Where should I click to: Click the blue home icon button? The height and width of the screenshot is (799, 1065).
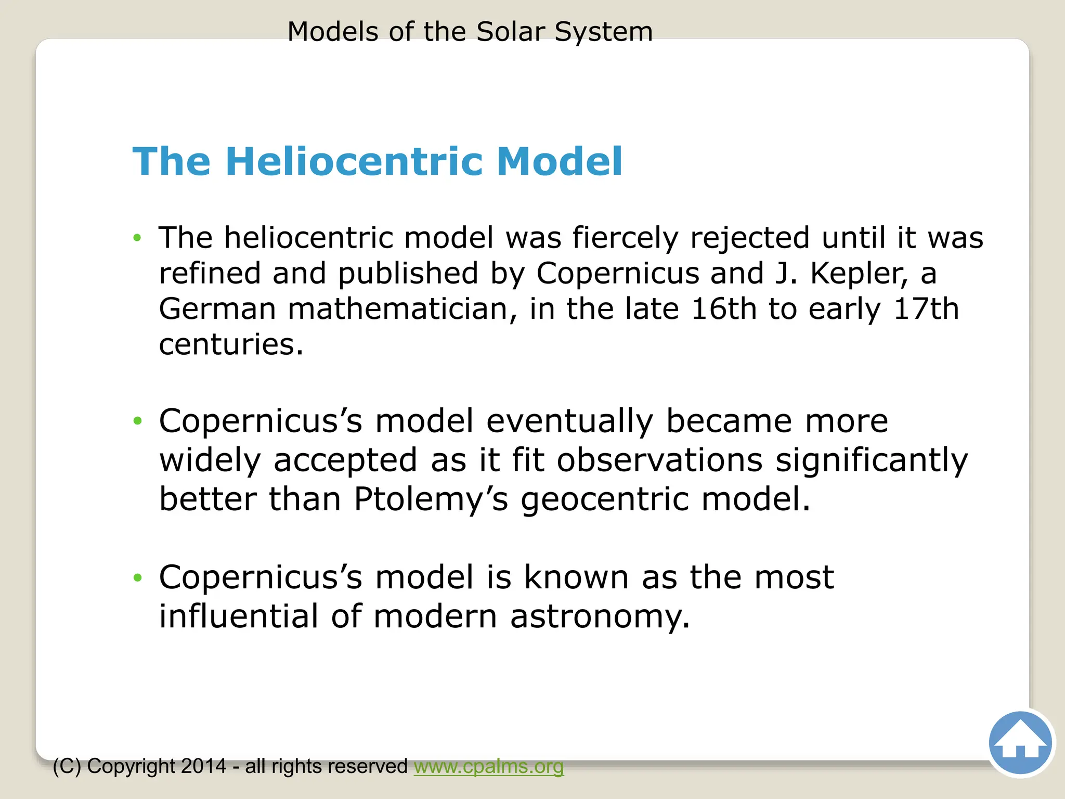coord(1020,743)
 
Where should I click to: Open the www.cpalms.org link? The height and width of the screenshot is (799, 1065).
coord(488,766)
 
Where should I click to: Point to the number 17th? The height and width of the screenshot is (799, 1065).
coord(926,309)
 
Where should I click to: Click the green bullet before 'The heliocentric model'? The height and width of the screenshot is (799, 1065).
coord(137,238)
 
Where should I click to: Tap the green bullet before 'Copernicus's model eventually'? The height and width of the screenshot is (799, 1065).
coord(137,421)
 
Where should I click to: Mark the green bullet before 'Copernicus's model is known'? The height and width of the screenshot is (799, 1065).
coord(137,577)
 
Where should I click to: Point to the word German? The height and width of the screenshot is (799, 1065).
coord(217,309)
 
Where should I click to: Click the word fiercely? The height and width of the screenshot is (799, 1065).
coord(626,238)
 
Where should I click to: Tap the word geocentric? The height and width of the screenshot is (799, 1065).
coord(605,499)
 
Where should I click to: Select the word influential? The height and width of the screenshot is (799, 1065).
coord(239,617)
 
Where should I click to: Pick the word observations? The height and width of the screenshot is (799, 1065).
coord(660,460)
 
